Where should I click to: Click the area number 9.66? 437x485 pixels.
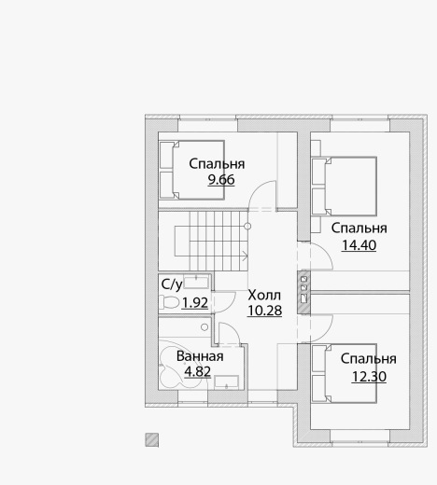221,180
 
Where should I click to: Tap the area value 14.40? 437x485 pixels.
359,245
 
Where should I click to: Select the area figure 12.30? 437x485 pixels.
369,377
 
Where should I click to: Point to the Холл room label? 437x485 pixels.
264,295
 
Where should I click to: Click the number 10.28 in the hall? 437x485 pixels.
264,311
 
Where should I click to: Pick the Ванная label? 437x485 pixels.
200,356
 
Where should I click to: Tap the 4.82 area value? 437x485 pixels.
198,371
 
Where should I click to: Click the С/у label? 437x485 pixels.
172,284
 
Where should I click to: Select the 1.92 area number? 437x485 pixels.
194,303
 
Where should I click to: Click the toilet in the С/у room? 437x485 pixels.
169,302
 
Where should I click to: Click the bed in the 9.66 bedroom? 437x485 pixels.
191,170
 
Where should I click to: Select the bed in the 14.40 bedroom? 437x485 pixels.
345,187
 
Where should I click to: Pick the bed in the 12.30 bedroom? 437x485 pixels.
345,373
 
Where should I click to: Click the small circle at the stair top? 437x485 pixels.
247,226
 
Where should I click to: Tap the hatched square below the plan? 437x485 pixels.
152,440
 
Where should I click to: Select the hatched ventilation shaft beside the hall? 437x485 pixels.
303,292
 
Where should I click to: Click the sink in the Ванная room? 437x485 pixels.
226,382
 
